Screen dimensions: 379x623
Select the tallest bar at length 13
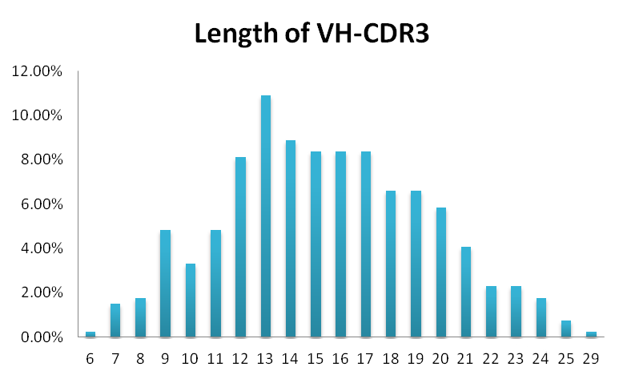(x=266, y=216)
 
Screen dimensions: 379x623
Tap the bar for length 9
(x=165, y=284)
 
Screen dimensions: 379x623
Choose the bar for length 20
(x=440, y=272)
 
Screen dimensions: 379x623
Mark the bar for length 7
(x=115, y=321)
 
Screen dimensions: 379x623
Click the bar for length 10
(x=191, y=300)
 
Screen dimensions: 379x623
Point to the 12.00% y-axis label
(x=36, y=71)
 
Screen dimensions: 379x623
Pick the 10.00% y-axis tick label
(x=36, y=115)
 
